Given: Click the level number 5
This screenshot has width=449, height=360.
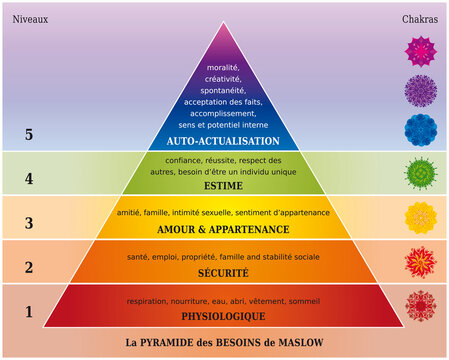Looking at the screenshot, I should click(28, 135).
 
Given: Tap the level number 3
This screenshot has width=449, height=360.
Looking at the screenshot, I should click(28, 223).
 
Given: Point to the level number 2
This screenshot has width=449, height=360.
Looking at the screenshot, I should click(28, 267).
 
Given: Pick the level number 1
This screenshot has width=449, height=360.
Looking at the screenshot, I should click(28, 311).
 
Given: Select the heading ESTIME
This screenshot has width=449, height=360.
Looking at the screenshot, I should click(225, 184).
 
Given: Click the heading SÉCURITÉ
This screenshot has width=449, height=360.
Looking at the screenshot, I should click(225, 272).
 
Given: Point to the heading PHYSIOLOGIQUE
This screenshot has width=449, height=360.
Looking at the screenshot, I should click(225, 315).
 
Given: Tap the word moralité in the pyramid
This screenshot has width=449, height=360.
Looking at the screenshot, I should click(225, 67).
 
